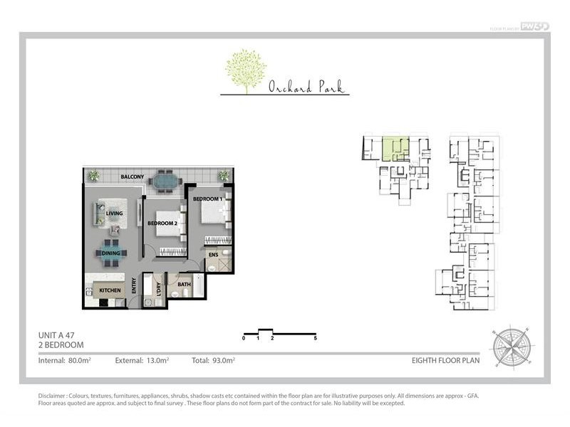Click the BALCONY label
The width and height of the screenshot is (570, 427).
[133, 176]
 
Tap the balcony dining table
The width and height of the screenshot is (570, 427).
[165, 182]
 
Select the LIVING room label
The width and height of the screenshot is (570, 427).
[115, 213]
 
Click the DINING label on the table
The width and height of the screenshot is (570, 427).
[111, 253]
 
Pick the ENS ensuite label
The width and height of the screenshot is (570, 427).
[212, 253]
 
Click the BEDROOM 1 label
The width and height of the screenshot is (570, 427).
[208, 199]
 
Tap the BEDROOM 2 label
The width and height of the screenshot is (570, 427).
[162, 223]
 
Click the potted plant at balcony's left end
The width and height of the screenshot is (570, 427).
[93, 175]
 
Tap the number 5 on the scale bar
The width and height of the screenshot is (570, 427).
[315, 338]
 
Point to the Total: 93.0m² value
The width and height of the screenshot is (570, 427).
[213, 361]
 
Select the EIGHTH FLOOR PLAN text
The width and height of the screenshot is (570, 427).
[445, 361]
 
